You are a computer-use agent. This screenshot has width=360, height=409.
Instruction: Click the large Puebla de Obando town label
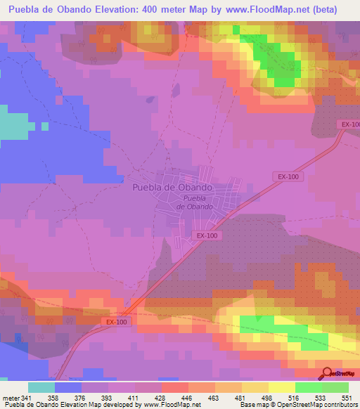coord(172,188)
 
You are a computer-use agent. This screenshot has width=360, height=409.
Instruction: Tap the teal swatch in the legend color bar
coord(41,388)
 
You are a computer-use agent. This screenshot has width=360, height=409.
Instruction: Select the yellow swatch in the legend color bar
coord(281,388)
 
